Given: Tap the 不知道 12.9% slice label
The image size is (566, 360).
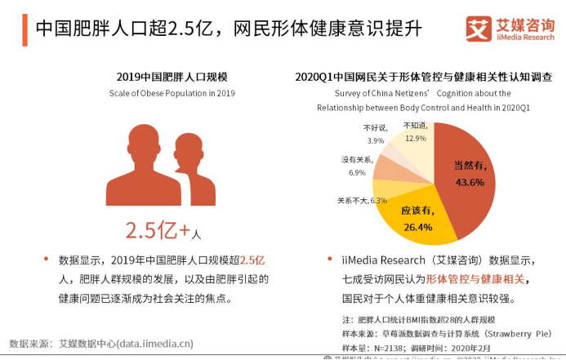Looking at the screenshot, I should [x=415, y=131].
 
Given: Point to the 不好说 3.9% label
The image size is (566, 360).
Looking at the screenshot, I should [x=376, y=134].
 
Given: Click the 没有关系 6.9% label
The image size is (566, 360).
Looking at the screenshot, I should [x=357, y=166].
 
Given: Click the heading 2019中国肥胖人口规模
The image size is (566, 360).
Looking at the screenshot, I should [x=172, y=77].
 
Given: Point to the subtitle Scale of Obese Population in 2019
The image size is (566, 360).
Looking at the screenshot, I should [x=172, y=93].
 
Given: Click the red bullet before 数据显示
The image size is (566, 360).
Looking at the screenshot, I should [x=46, y=260].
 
